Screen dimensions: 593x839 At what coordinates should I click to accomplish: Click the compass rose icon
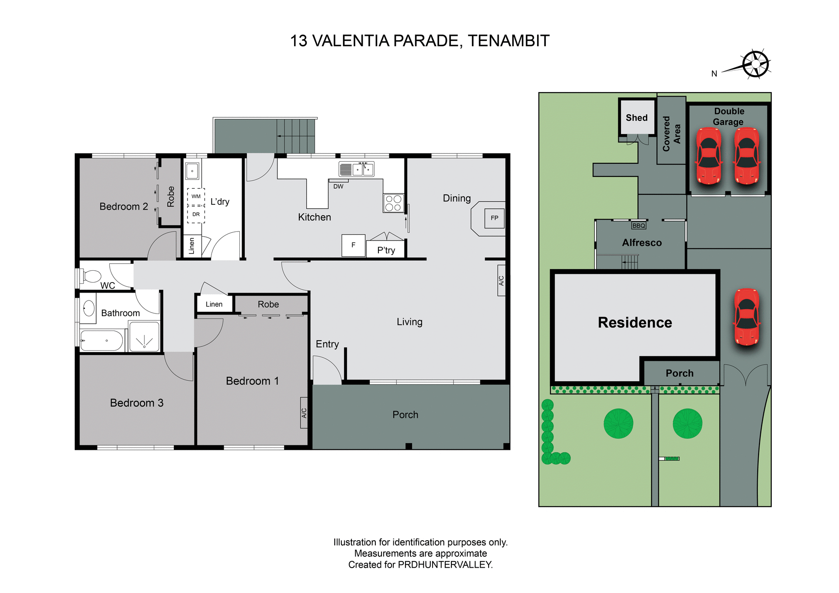[756, 64]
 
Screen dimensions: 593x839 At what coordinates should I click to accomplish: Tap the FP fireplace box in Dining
[494, 218]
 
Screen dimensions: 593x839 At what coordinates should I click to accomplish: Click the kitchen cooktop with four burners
[393, 203]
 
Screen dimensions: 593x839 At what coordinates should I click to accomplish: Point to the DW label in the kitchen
[338, 186]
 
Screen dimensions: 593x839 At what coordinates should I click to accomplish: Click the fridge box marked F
[353, 245]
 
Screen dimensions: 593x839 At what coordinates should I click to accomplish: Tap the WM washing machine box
[196, 197]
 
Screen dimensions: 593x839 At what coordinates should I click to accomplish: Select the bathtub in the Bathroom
[102, 341]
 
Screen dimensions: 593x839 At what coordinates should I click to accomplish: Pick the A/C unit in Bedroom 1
[304, 413]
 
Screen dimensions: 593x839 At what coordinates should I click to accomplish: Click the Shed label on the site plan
[637, 118]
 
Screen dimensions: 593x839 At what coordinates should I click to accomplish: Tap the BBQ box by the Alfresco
[638, 225]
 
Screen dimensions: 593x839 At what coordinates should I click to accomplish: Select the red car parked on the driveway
[747, 317]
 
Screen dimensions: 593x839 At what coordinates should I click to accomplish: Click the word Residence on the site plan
[634, 323]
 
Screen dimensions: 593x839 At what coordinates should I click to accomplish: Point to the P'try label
[386, 250]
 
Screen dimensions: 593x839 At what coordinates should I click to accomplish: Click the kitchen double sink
[363, 169]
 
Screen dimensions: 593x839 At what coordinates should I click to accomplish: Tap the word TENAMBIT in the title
[508, 41]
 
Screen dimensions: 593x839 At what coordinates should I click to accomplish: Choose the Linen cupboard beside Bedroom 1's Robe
[214, 304]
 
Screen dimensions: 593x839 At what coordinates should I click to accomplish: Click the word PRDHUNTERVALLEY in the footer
[445, 565]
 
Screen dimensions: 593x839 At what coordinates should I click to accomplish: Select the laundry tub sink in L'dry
[192, 171]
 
